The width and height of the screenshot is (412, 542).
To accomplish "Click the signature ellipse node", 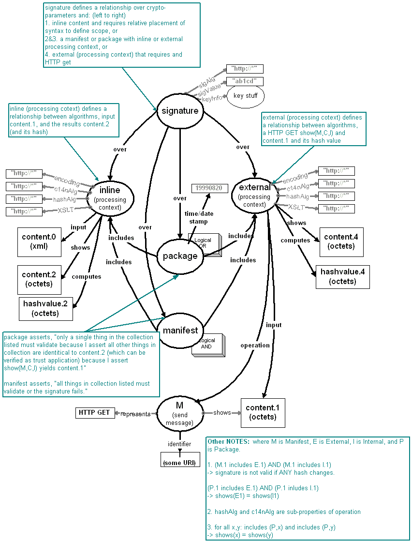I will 180,111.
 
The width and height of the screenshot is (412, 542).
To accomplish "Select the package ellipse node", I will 180,256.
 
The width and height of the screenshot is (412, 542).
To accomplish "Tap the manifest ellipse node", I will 180,331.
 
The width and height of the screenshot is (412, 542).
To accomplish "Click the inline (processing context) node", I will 110,196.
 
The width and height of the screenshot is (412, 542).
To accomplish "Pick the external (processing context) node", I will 254,193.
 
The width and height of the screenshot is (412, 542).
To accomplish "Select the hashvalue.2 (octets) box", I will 45,308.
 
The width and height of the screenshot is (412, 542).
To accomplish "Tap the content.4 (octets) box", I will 341,241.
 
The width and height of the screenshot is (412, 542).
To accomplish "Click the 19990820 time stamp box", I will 209,188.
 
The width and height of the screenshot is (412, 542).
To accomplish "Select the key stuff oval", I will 245,96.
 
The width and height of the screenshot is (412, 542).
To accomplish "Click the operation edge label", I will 255,345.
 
